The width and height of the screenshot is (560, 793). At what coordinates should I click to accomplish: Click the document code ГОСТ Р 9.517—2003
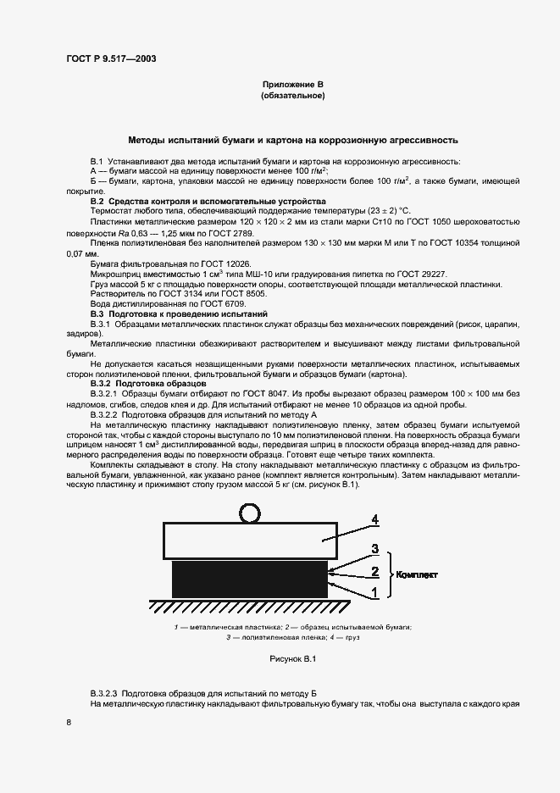click(110, 58)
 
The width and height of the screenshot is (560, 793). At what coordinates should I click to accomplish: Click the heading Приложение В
click(292, 85)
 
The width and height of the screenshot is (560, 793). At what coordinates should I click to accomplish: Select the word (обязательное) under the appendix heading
click(292, 97)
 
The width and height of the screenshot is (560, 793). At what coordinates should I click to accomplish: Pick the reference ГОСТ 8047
click(270, 395)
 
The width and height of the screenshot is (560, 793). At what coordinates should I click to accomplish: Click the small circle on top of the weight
click(250, 513)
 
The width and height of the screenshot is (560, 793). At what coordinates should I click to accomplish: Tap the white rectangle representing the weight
click(249, 539)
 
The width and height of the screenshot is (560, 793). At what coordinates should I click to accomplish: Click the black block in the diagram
click(249, 578)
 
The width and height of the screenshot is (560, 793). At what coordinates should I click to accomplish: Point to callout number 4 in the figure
click(374, 520)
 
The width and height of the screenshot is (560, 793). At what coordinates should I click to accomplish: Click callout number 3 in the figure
click(374, 551)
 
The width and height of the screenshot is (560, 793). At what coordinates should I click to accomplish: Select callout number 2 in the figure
click(374, 572)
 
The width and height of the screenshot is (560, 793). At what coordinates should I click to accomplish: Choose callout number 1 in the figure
click(374, 594)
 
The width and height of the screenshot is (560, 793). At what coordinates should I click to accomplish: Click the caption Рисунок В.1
click(292, 658)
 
